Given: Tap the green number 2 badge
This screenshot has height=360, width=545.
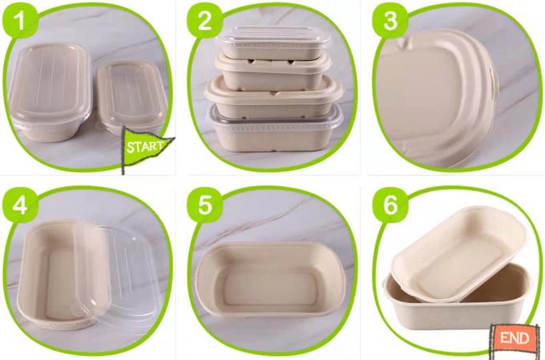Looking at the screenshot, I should point(204,22).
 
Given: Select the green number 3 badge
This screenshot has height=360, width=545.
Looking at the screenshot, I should point(390,22).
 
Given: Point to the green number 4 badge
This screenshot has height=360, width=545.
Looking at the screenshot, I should point(22,205).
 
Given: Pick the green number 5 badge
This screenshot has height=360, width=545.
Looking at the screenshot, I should point(204,205).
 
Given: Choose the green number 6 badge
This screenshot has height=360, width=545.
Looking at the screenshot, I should point(390,205).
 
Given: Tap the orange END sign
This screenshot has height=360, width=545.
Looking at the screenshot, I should point(513,338).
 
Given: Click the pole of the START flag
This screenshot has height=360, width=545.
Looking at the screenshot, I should point(125,156).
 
